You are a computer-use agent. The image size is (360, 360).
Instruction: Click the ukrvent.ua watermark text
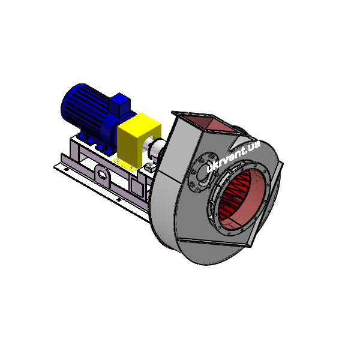(233, 156)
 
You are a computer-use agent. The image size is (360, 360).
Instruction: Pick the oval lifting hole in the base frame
(102, 175)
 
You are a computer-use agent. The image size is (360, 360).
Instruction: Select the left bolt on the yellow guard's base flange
(118, 160)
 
